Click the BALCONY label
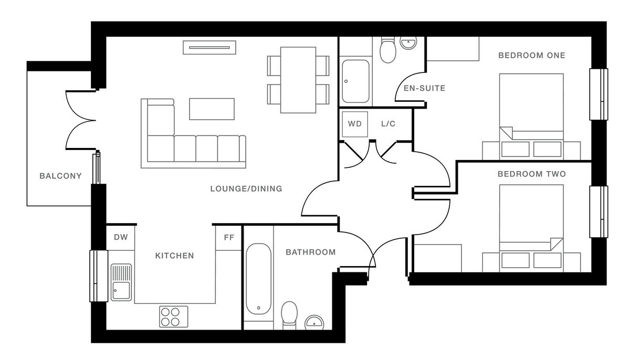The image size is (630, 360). click(x=60, y=176)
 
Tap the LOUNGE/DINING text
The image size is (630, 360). click(x=246, y=188)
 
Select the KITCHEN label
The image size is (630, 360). click(x=174, y=256)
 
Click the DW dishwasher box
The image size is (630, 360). click(x=121, y=237)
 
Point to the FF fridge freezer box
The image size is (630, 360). click(x=229, y=237)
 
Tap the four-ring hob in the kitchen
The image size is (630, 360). click(x=174, y=316)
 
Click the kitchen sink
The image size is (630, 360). click(x=121, y=282)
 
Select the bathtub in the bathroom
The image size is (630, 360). click(x=258, y=278)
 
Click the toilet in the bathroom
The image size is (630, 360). click(x=290, y=315)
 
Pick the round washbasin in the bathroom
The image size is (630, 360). click(x=314, y=322)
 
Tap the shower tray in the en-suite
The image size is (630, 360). click(x=355, y=81)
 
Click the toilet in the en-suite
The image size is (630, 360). click(x=388, y=50)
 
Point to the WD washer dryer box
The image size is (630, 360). click(x=355, y=124)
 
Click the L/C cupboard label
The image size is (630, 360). click(x=388, y=124)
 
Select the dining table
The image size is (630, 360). click(x=298, y=80)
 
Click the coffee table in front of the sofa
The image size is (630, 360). click(x=212, y=109)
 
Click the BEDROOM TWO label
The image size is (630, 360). click(x=531, y=174)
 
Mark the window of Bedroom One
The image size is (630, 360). click(x=599, y=94)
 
